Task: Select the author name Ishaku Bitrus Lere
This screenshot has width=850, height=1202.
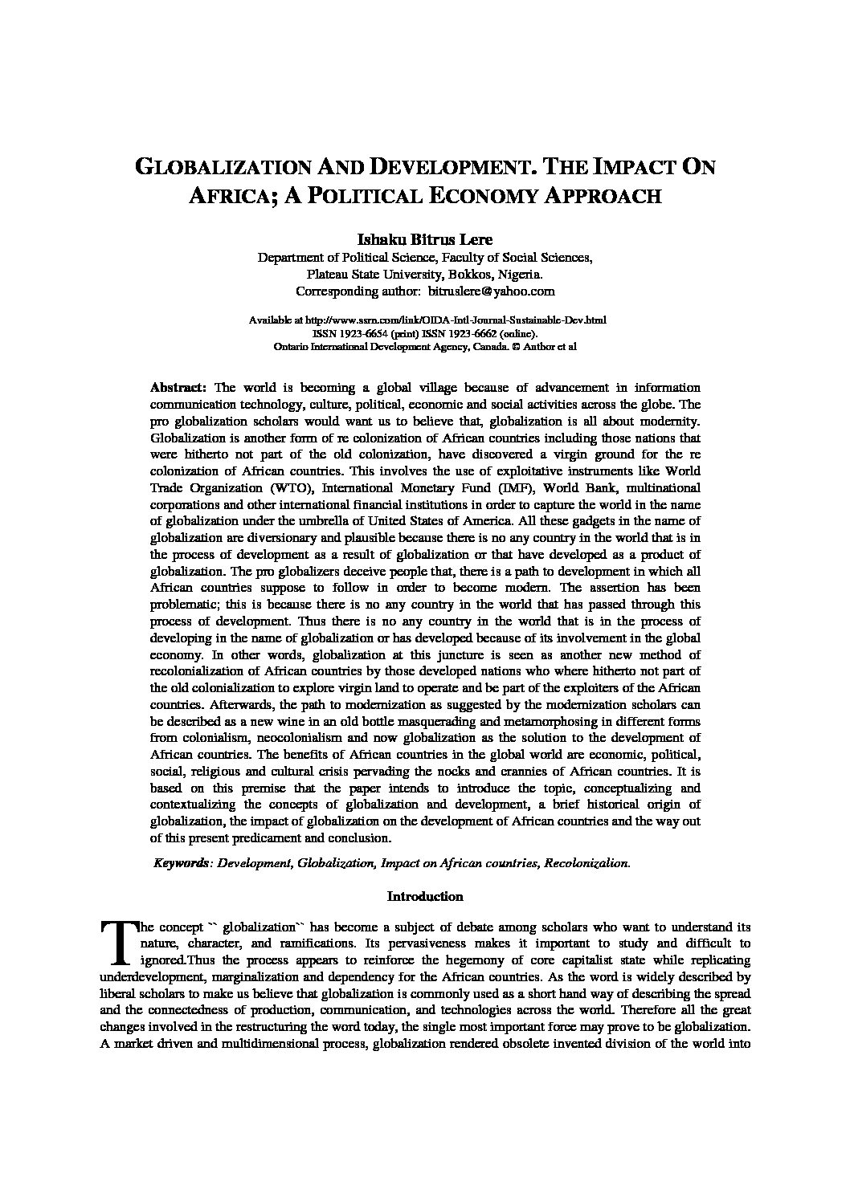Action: (425, 240)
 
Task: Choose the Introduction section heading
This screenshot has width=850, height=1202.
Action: (425, 896)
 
